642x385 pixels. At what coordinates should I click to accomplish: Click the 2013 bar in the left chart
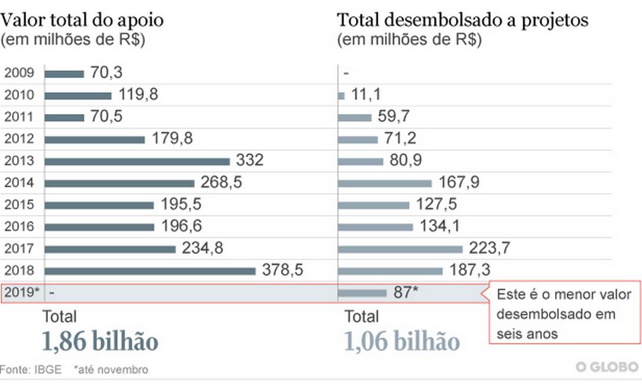[x=137, y=161]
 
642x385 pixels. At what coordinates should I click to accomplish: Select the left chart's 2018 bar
[x=150, y=270]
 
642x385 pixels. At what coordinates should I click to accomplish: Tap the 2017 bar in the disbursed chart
[x=400, y=249]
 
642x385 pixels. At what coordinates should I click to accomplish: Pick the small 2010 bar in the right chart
[x=341, y=96]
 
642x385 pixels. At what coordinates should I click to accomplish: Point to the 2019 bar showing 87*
[x=362, y=292]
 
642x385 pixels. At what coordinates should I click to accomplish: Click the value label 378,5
[x=282, y=270]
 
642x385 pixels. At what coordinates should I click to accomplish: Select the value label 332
[x=249, y=161]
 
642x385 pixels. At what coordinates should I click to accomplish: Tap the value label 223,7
[x=489, y=249]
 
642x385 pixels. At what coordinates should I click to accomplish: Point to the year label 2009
[x=19, y=73]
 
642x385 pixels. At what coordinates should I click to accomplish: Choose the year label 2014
[x=19, y=183]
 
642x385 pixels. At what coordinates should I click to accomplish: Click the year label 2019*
[x=21, y=292]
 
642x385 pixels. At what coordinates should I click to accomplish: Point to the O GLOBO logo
[x=608, y=367]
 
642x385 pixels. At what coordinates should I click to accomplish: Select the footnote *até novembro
[x=111, y=370]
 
